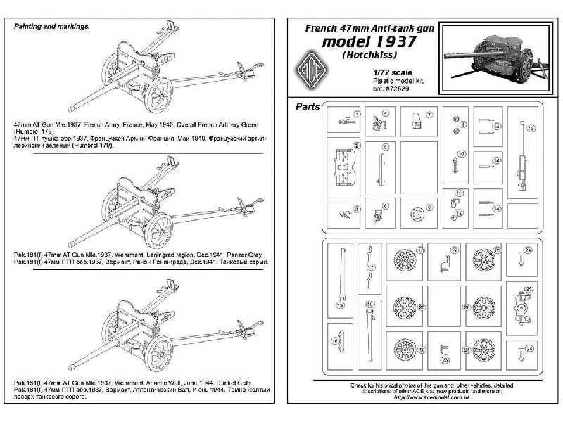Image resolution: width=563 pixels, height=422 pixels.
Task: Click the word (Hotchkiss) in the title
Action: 368,56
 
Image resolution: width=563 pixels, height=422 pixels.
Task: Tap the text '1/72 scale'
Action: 388,72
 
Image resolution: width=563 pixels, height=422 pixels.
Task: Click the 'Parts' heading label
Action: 305,107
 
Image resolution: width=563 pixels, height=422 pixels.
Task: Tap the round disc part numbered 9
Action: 417,212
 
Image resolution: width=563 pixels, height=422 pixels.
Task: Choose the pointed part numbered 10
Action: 455,164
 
